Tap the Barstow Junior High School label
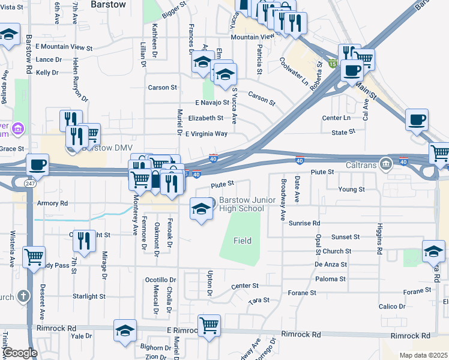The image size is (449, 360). tap(241, 204)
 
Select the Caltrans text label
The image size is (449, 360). tap(360, 164)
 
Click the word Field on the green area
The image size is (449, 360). tap(243, 241)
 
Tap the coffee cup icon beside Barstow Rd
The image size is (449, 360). tap(37, 164)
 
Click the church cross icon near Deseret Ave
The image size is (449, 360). tap(23, 296)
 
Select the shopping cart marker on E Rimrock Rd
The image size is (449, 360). tap(209, 326)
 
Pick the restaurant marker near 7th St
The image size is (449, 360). tap(85, 241)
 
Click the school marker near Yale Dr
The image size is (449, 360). tap(125, 331)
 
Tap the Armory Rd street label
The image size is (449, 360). tap(53, 203)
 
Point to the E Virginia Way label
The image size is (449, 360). tap(206, 134)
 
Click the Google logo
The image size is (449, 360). tap(20, 353)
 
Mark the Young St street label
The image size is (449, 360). tap(352, 189)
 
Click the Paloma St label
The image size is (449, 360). tap(331, 279)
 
